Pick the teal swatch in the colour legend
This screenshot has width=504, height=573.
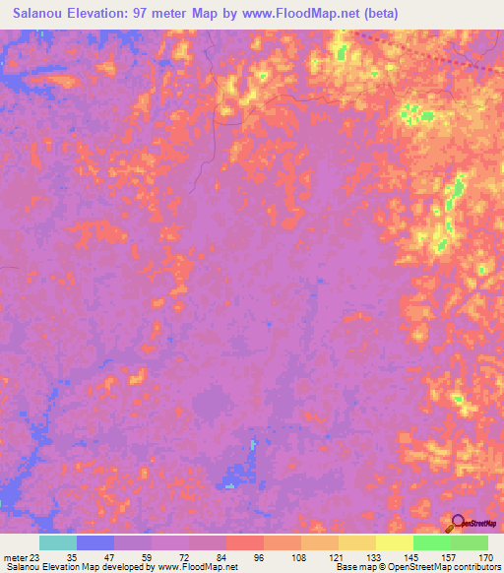pyautogui.click(x=58, y=542)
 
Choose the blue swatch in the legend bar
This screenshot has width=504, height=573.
pyautogui.click(x=95, y=542)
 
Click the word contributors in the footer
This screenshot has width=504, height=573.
pyautogui.click(x=477, y=567)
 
